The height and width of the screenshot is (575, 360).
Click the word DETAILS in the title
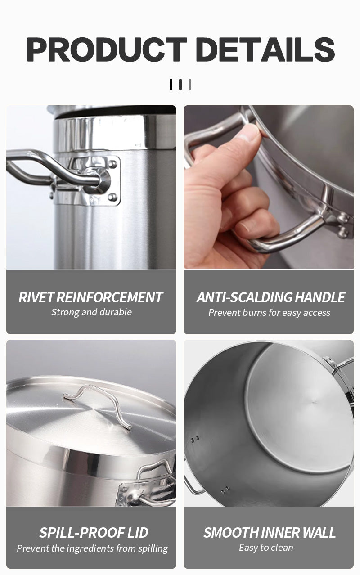265,49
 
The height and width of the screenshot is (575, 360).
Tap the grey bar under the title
190,85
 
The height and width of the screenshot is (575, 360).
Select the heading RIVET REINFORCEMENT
91,297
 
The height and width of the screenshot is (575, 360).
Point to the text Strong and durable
91,312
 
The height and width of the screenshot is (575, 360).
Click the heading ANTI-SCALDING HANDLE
270,297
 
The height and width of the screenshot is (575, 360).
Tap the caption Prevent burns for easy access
269,313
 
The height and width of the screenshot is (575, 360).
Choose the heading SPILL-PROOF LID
94,533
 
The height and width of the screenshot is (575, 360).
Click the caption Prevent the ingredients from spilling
92,548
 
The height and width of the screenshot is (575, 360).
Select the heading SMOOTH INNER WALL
269,533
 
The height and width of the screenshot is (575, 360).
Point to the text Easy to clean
266,548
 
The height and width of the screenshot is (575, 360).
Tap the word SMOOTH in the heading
225,533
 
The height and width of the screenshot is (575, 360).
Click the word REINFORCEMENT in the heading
109,297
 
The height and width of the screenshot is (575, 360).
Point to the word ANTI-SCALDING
245,297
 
